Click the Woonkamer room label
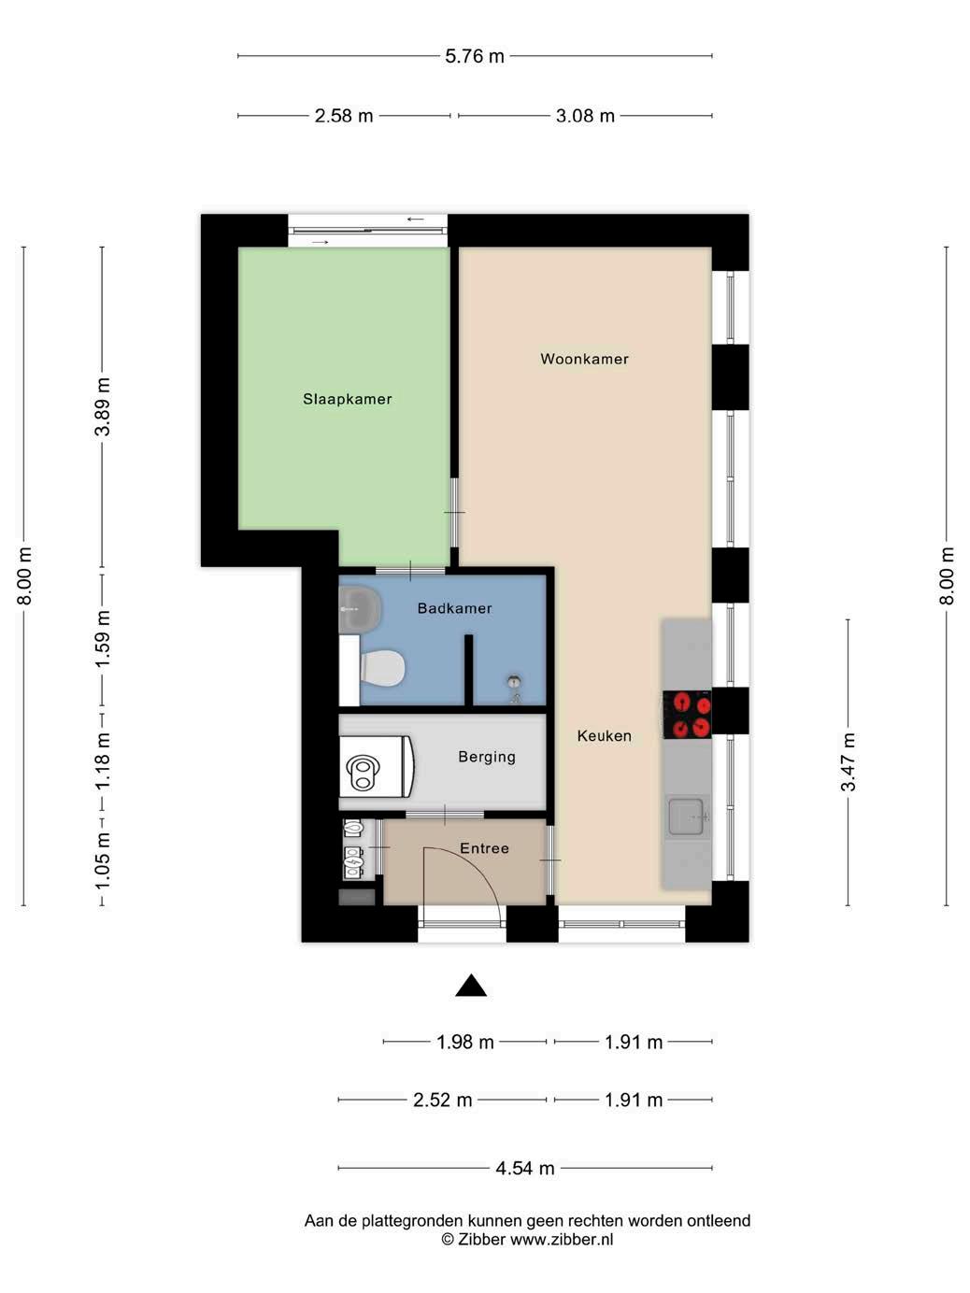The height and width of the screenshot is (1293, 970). coord(584,359)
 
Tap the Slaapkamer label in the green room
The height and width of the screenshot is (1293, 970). coord(347,399)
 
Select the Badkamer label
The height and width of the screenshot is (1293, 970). coord(454,608)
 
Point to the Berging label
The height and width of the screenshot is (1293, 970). coord(487,757)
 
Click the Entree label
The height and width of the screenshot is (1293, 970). coord(484,848)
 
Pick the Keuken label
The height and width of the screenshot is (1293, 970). coord(604,736)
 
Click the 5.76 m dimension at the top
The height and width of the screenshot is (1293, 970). coord(475,56)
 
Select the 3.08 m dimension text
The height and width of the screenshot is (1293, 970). coord(585,116)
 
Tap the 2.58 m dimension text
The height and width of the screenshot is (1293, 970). coord(343,116)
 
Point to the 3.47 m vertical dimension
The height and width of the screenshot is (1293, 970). coord(849,761)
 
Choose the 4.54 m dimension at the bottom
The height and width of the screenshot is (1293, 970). coord(525,1168)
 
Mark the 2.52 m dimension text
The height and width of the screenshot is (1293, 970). coord(442,1100)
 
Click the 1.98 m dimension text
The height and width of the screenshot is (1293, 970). coord(464,1042)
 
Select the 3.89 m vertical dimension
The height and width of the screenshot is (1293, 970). coord(103,406)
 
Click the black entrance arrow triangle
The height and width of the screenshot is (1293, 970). coord(471,985)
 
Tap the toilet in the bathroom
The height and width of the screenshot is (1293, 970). coord(382,668)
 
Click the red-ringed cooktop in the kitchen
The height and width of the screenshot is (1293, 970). coord(687,715)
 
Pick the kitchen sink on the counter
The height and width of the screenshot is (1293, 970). coord(686,817)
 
